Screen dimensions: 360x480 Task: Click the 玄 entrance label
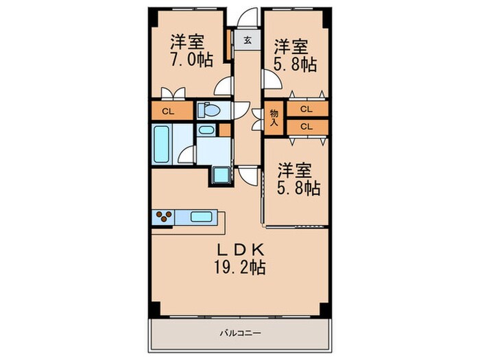pos(246,40)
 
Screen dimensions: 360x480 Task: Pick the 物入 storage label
pos(274,118)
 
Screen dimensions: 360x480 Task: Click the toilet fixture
pos(208,110)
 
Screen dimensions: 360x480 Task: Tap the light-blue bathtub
pos(162,143)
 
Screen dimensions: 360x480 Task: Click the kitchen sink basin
pos(200,217)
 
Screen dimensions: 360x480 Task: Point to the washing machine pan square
pos(221,175)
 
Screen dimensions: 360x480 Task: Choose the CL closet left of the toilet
pos(168,111)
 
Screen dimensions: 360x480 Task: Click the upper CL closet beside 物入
pos(307,109)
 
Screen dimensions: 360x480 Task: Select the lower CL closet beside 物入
pos(307,126)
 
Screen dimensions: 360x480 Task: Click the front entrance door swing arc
pos(248,18)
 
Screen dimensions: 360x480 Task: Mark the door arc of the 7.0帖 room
pos(222,86)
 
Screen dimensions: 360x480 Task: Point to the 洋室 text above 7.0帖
pos(187,39)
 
